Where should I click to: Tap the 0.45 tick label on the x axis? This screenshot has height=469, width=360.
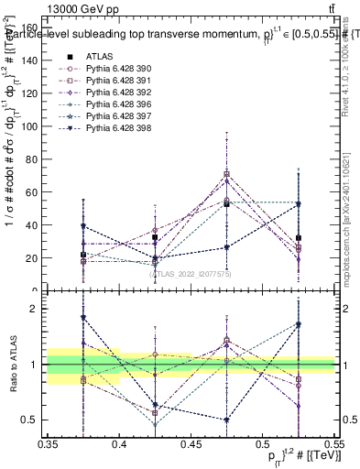[191, 445]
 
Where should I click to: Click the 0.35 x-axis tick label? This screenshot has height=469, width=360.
[48, 445]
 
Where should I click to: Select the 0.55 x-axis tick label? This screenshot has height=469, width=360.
[332, 445]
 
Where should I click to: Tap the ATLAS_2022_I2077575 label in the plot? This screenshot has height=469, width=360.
[191, 273]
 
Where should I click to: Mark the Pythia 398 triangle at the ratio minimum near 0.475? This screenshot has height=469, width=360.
[226, 420]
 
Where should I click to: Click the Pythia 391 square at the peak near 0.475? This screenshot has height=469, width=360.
[226, 174]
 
